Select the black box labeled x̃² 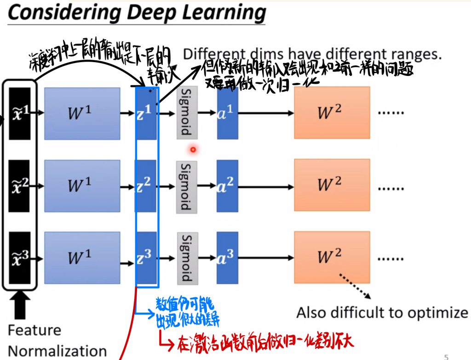pyautogui.click(x=19, y=185)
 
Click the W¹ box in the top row pyautogui.click(x=82, y=112)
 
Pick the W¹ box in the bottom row pyautogui.click(x=82, y=258)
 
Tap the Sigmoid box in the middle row pyautogui.click(x=186, y=187)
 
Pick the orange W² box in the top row pyautogui.click(x=331, y=112)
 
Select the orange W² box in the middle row pyautogui.click(x=331, y=185)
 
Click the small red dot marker pyautogui.click(x=193, y=149)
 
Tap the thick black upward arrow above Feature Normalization pyautogui.click(x=19, y=306)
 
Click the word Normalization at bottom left pyautogui.click(x=57, y=351)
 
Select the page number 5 pyautogui.click(x=446, y=356)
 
